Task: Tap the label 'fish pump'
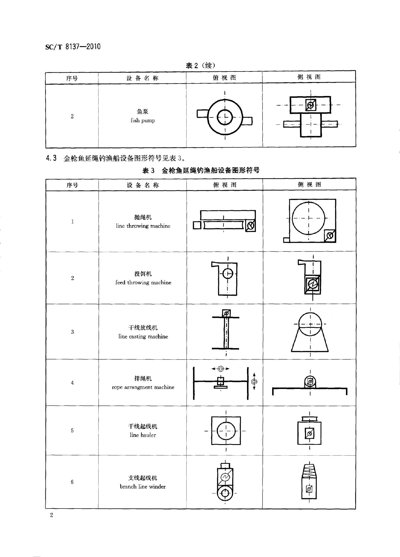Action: coord(143,120)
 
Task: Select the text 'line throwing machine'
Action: coord(143,226)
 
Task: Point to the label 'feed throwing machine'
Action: coord(143,282)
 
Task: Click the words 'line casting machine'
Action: coord(143,336)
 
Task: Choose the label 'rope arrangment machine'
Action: coord(143,387)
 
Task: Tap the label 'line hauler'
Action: coord(143,435)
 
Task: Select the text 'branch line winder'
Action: coord(143,486)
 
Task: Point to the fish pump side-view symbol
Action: coord(311,117)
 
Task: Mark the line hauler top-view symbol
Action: coord(226,431)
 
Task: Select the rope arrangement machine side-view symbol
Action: coord(310,386)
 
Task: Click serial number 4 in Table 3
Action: coord(72,383)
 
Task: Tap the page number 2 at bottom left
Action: coord(52,515)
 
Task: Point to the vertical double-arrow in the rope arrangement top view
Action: coord(254,381)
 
